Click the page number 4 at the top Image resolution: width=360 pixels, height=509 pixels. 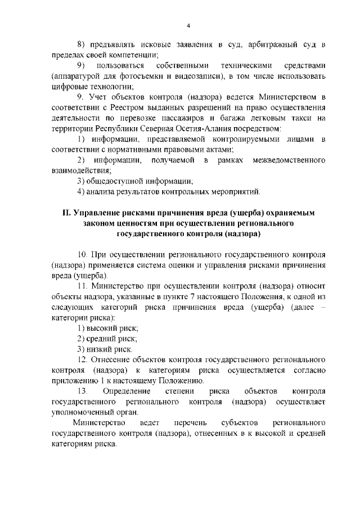click(x=188, y=26)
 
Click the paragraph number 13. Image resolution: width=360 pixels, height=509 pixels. click(x=83, y=391)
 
